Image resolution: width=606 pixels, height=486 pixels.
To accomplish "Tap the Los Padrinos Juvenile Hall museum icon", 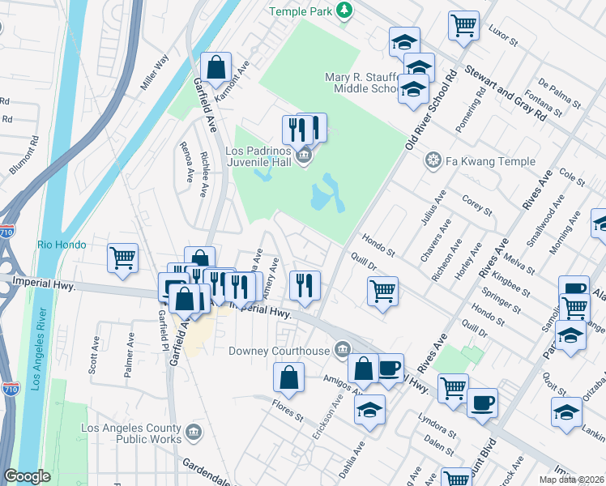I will tap(305, 156).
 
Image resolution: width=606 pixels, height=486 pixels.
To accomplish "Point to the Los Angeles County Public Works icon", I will tap(194, 432).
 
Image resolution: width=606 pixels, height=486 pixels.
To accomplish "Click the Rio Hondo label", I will tap(62, 244).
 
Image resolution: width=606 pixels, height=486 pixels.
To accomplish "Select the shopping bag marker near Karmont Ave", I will tap(216, 70).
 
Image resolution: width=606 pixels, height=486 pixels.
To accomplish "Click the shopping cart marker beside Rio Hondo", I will tap(123, 258).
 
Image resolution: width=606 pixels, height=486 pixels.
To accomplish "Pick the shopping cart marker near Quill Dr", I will tap(382, 289).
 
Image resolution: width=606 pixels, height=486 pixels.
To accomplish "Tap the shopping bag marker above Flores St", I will tap(289, 377).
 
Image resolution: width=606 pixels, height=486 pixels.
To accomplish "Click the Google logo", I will tap(27, 476).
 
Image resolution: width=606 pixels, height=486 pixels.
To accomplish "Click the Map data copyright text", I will tap(570, 480).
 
